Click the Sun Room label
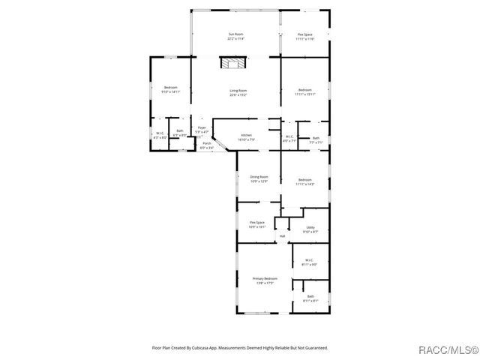coord(236,34)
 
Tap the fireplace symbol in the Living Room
coord(232,64)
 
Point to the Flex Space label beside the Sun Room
coord(305,34)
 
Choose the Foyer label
coord(202,128)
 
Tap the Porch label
coord(206,143)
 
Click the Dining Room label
coord(259,177)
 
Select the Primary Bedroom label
coord(265,278)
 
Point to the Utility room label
coord(310,228)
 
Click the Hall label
coord(282,236)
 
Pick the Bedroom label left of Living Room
coord(170,88)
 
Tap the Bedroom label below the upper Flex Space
coord(305,91)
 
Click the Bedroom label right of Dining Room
coord(304,180)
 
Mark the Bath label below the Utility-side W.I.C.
coord(310,297)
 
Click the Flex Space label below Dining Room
coord(257,223)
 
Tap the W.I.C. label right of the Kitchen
coord(290,136)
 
